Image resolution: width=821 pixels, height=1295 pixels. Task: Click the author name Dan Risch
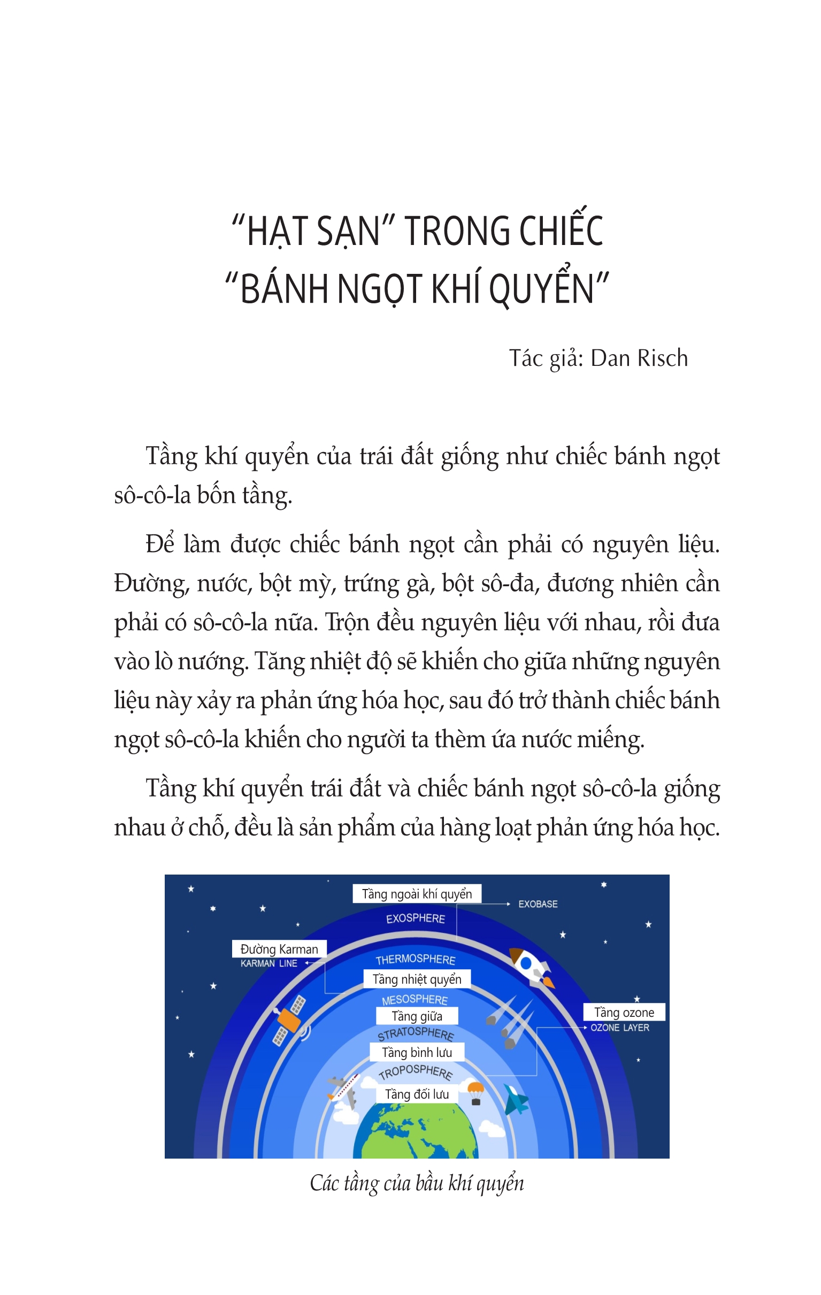click(x=639, y=359)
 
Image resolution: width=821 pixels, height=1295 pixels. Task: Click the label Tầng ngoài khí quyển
click(x=417, y=894)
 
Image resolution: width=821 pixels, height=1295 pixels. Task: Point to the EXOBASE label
click(x=538, y=904)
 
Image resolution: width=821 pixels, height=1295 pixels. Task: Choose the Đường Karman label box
click(x=279, y=949)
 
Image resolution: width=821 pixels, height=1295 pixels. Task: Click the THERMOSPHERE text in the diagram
click(x=415, y=960)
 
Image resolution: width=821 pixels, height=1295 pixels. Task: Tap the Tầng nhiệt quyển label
click(x=417, y=979)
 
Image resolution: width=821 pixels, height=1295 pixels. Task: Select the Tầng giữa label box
click(x=417, y=1016)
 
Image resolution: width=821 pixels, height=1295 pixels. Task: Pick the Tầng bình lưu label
click(x=417, y=1052)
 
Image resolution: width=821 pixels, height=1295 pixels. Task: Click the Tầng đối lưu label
click(x=417, y=1094)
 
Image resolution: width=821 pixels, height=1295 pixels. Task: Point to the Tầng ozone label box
click(x=624, y=1013)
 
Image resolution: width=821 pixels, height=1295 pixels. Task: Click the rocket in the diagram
click(x=531, y=967)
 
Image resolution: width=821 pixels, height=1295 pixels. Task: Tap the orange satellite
click(x=289, y=1020)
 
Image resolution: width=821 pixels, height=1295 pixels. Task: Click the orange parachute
click(x=476, y=1091)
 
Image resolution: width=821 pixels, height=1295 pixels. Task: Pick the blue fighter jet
click(x=516, y=1100)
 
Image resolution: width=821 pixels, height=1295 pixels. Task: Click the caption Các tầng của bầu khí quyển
click(x=417, y=1183)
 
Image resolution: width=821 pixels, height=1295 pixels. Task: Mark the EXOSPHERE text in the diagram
click(x=415, y=918)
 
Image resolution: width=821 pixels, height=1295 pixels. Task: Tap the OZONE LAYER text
click(x=620, y=1028)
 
